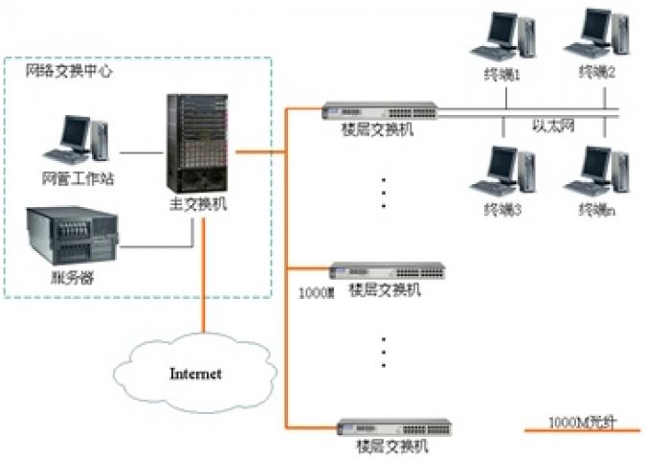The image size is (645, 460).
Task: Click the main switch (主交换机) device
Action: click(x=197, y=141)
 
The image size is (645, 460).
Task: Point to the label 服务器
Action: click(x=73, y=278)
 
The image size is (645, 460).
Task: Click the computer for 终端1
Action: click(x=502, y=38)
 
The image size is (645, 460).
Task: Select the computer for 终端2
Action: click(x=598, y=36)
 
